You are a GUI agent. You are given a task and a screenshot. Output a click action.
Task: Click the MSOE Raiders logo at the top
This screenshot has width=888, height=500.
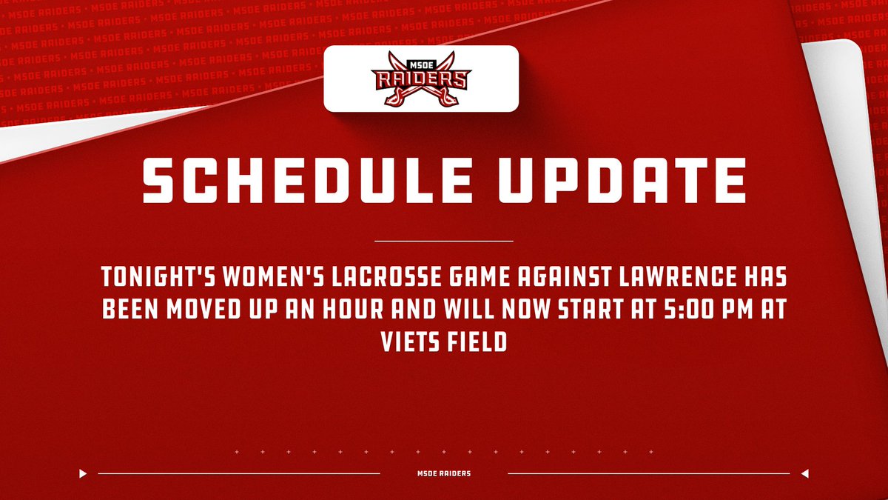pos(420,79)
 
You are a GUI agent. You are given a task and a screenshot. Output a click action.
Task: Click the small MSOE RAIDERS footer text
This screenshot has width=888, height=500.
pos(444,473)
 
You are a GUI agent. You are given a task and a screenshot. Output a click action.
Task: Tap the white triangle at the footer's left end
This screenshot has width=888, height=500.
pos(84,473)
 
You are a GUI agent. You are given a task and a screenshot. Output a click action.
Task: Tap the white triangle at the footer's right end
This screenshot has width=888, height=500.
pos(804,473)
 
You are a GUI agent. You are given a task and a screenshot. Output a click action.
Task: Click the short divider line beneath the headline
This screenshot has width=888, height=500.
pos(444,241)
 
